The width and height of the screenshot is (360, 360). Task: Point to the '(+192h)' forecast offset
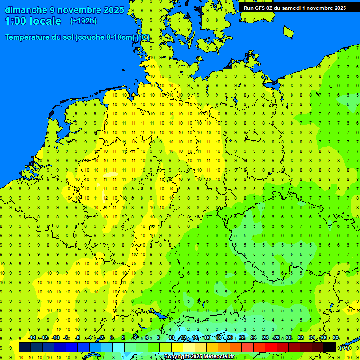83,21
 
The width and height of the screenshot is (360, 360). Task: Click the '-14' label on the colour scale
31,338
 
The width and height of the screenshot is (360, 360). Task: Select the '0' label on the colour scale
112,338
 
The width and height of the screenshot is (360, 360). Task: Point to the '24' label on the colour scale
254,338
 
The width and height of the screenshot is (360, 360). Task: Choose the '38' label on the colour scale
336,338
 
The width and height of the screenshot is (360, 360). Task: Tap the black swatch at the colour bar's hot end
330,347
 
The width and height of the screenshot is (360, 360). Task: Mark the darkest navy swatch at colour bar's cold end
25,347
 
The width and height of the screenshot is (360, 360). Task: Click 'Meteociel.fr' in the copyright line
213,357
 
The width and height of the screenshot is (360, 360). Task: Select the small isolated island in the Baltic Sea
288,32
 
